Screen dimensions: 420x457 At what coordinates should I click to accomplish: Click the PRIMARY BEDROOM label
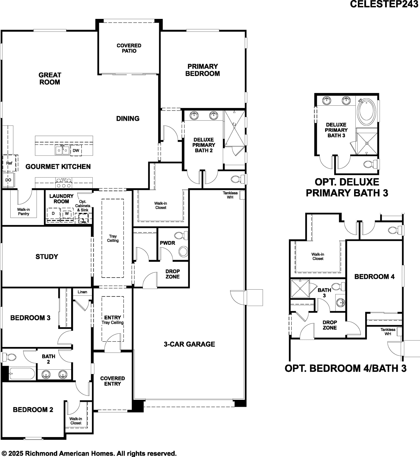[202, 70]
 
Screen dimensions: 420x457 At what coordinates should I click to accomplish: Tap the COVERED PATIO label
[129, 48]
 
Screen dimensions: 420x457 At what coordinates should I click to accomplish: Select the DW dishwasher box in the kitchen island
[76, 150]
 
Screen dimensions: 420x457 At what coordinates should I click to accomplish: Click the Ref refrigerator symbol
[10, 163]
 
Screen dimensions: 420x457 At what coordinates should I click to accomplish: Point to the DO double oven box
[8, 180]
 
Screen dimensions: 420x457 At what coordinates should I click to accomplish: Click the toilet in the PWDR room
[181, 235]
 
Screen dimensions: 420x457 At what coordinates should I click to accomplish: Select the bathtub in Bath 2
[22, 373]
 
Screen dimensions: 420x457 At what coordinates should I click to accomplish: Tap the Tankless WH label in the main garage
[230, 195]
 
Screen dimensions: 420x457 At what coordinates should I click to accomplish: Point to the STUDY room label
[47, 257]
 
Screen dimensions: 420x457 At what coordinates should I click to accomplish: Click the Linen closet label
[82, 292]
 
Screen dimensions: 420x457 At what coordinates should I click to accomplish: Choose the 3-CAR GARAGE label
[189, 344]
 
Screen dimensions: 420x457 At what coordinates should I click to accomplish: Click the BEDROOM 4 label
[374, 277]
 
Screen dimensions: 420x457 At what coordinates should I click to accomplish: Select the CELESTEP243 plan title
[384, 4]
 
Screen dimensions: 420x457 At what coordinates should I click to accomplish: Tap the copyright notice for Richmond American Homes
[89, 453]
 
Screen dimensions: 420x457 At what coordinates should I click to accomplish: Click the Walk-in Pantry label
[23, 211]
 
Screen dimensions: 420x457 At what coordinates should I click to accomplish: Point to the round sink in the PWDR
[183, 251]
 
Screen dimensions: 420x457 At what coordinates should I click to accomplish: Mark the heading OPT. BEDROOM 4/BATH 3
[345, 368]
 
